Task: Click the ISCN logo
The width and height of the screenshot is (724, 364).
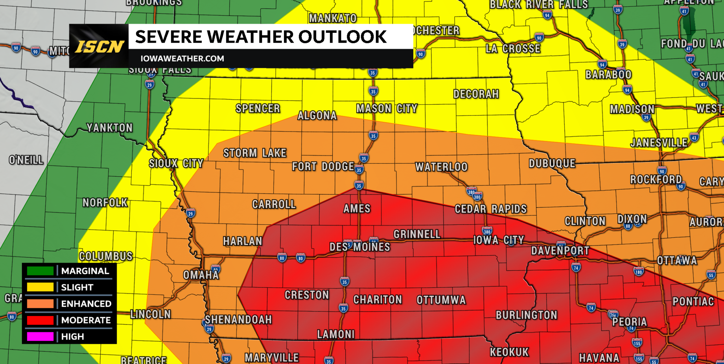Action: (x=99, y=46)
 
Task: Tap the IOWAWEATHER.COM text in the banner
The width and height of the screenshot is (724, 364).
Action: (x=182, y=59)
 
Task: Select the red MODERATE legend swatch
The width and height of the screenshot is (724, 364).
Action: (x=40, y=320)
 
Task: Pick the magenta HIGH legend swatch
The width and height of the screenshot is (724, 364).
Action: (x=40, y=336)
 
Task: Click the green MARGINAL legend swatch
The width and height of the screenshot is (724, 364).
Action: (x=40, y=271)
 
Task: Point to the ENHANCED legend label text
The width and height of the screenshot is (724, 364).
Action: (x=86, y=304)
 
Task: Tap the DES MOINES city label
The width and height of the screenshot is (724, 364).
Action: (x=360, y=247)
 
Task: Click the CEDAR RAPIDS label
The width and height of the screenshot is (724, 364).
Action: (x=490, y=209)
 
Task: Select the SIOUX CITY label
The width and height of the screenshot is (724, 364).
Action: (x=176, y=163)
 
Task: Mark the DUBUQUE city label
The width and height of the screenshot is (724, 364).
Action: (x=552, y=163)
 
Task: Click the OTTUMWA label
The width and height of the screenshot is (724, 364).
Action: (x=441, y=300)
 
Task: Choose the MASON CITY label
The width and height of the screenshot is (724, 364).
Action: (x=386, y=108)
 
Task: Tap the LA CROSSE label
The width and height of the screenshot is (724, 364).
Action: (x=513, y=49)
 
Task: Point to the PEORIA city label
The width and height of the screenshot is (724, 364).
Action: (x=629, y=322)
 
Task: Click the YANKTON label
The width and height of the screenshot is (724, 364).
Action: (x=110, y=127)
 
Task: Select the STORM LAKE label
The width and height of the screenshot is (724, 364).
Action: (x=255, y=153)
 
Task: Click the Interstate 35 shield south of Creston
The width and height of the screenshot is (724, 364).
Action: (x=343, y=308)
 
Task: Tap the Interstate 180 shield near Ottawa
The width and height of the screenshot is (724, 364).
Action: (x=638, y=271)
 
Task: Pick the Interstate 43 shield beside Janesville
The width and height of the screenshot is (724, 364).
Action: (x=694, y=138)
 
